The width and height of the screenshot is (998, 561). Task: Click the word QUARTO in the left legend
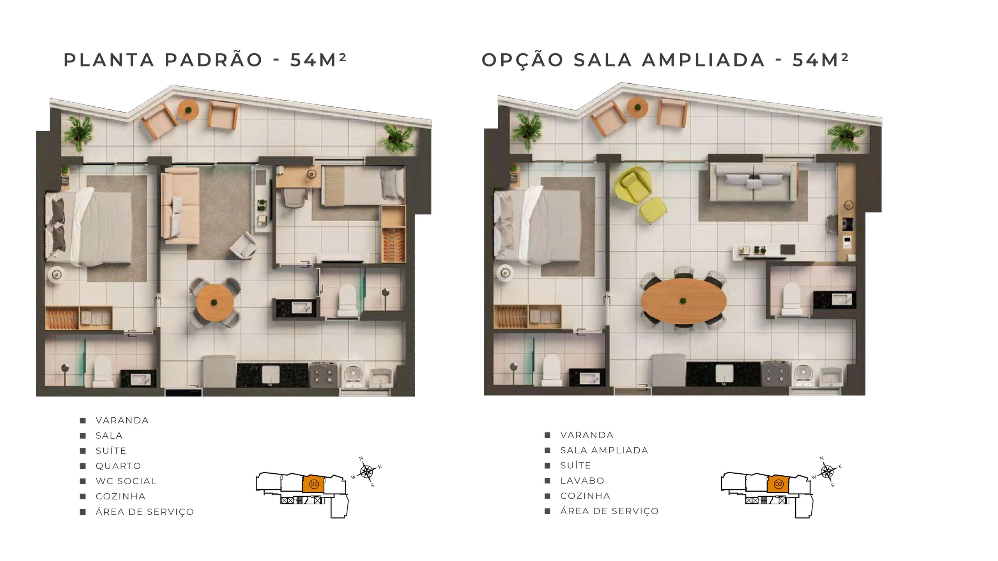118,466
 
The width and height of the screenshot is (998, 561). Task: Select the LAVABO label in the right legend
582,481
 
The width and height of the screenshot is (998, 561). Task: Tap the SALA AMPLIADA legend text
604,450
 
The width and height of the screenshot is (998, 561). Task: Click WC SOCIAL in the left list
126,481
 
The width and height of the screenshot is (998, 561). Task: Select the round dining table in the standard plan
215,302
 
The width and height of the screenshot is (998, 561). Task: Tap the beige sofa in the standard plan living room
180,206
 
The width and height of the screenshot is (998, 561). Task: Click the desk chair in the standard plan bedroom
294,197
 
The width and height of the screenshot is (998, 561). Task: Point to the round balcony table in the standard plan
189,109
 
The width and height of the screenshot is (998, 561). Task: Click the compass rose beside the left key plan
366,472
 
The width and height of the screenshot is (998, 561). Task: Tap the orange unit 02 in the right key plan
778,484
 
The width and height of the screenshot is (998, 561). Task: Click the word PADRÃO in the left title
214,60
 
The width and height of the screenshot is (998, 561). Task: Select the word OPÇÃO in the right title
523,60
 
